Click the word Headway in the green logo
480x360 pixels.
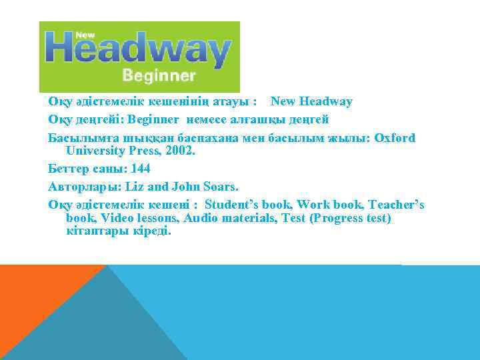[139, 50]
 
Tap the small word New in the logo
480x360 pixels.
[85, 34]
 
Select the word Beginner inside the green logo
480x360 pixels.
[159, 75]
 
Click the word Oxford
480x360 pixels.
[395, 138]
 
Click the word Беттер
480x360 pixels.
[68, 168]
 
